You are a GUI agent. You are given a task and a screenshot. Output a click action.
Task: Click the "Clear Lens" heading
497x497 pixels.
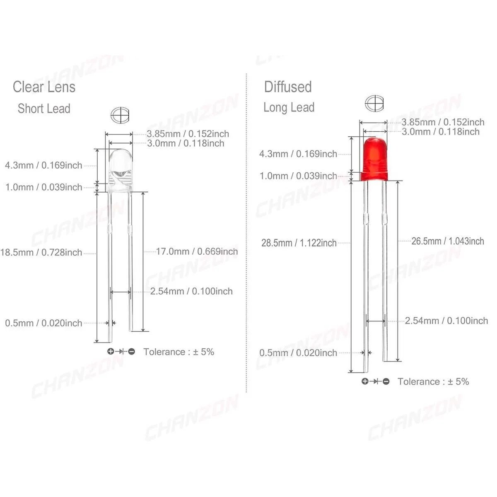point(44,87)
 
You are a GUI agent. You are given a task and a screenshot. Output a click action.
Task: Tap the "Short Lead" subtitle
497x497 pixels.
point(44,109)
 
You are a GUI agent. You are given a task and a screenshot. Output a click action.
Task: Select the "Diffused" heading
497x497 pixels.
point(288,87)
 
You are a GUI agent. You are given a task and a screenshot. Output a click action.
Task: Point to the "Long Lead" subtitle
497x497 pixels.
point(289,108)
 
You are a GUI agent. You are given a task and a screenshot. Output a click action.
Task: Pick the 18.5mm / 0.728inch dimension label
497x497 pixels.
point(41,253)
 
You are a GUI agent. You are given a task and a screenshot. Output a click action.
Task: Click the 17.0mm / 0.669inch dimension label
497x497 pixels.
point(197,251)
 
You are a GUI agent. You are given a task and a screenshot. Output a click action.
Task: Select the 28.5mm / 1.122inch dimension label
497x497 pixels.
point(299,243)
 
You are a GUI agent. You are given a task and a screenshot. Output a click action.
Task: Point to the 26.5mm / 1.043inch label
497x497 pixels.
point(448,241)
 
